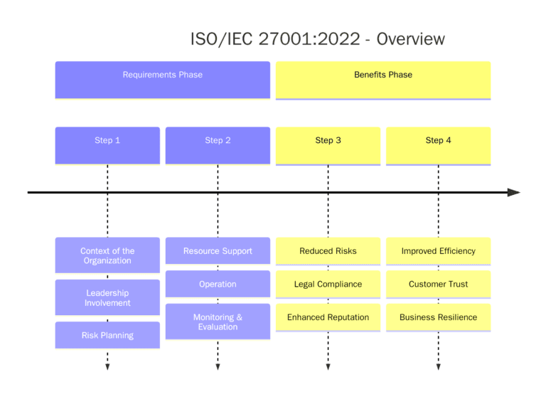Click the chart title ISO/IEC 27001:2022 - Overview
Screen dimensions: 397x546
[x=317, y=39]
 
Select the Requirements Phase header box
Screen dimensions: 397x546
[x=163, y=79]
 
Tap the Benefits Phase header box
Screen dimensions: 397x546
[x=383, y=79]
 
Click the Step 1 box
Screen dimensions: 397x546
[x=107, y=145]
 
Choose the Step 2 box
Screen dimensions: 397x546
[x=218, y=145]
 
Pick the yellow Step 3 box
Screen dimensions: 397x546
[x=328, y=145]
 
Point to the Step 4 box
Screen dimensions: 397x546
[x=438, y=145]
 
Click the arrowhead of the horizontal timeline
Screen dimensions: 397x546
[x=514, y=192]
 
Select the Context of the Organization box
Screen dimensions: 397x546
[x=107, y=255]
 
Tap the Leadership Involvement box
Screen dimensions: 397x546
[x=107, y=297]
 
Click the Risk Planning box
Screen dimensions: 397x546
[x=107, y=335]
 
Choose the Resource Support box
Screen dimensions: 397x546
[x=218, y=251]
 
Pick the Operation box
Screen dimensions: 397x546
[x=218, y=284]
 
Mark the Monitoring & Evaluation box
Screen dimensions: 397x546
[x=218, y=322]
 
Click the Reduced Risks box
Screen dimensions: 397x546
[x=328, y=251]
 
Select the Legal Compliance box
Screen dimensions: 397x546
[x=328, y=284]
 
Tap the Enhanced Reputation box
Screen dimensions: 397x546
[x=328, y=317]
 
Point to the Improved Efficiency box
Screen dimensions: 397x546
[x=438, y=251]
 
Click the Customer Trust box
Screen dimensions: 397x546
[x=438, y=284]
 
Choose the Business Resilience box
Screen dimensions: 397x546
[x=438, y=317]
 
